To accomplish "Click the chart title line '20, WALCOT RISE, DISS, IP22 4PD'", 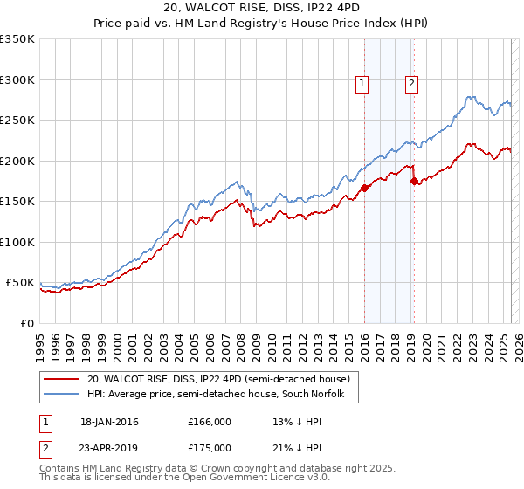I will click(x=261, y=8).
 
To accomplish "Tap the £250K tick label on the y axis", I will click(x=17, y=121).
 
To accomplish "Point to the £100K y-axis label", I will click(x=17, y=243).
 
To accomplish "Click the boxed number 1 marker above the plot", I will click(x=362, y=84).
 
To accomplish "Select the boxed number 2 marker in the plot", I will click(x=411, y=84).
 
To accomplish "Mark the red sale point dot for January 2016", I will click(x=364, y=189).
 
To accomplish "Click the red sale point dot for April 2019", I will click(x=414, y=182).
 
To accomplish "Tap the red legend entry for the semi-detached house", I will click(x=218, y=379).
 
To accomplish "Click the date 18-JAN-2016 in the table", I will click(x=109, y=422).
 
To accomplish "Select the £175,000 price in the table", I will click(x=209, y=447).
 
